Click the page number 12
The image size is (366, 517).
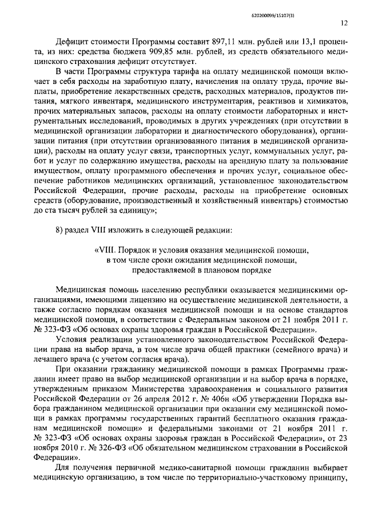[x=344, y=23]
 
